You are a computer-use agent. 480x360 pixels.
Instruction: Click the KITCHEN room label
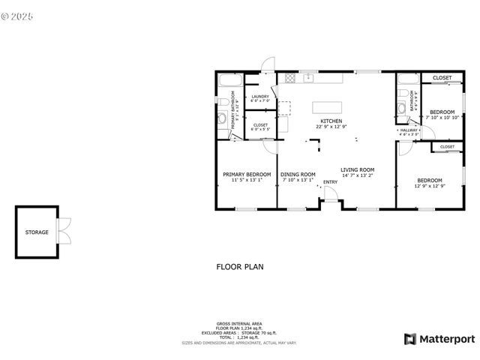(x=331, y=121)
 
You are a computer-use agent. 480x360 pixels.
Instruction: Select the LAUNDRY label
(x=260, y=97)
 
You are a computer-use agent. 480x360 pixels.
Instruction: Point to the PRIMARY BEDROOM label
(x=247, y=174)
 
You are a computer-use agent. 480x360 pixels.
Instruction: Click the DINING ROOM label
(x=298, y=174)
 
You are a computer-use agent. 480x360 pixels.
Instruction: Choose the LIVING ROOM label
(x=357, y=169)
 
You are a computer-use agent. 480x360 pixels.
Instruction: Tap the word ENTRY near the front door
(x=330, y=182)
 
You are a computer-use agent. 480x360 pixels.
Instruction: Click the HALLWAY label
(x=409, y=130)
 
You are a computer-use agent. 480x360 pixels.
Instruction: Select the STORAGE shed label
(x=37, y=232)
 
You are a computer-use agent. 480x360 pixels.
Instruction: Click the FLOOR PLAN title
(x=239, y=266)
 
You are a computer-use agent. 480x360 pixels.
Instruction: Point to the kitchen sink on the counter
(x=307, y=77)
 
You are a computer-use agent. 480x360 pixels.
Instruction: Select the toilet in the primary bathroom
(x=223, y=101)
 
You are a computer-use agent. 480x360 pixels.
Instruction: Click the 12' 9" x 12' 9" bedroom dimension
(x=430, y=186)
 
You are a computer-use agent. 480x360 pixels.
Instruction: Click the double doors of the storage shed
(x=64, y=230)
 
